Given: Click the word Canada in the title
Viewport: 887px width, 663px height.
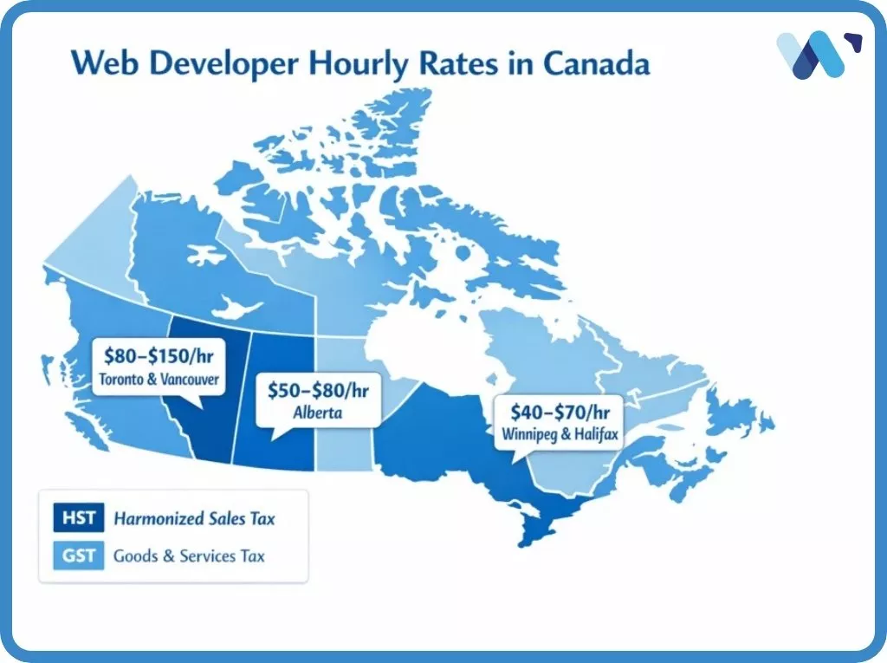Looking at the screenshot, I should point(603,64).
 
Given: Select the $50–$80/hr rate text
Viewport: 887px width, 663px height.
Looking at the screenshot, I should point(317,391).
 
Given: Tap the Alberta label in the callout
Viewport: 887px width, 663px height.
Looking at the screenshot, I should point(317,413).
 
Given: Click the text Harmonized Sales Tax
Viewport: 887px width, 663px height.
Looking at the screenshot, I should point(194,519).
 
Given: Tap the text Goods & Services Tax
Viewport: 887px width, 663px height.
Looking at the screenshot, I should point(189,556).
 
